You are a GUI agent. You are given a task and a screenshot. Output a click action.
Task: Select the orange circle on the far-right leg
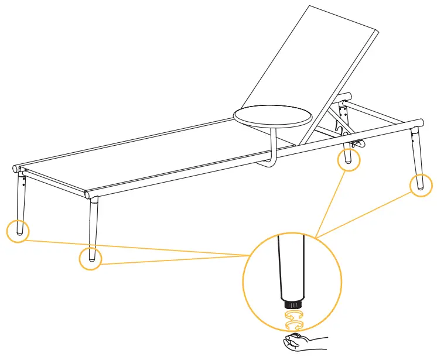click(421, 184)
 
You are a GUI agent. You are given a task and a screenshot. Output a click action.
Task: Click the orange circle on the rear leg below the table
click(349, 159)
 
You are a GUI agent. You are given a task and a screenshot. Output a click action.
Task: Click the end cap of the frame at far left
click(15, 169)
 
